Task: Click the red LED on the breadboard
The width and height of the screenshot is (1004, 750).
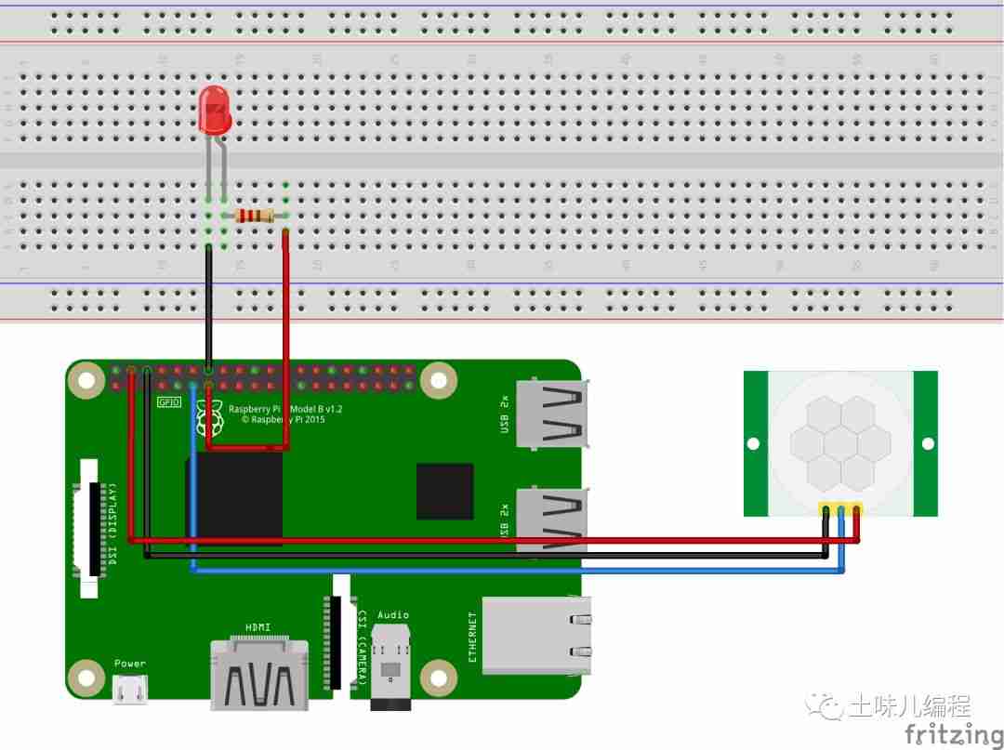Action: (215, 110)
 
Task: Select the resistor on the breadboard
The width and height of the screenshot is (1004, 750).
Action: (255, 216)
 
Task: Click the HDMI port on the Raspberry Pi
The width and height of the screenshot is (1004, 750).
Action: (259, 673)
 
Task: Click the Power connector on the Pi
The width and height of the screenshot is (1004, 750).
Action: (129, 689)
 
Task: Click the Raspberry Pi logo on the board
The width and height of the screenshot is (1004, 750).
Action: (209, 420)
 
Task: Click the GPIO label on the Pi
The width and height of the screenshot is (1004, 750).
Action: (168, 402)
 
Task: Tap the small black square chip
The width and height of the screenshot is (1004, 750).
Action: (444, 492)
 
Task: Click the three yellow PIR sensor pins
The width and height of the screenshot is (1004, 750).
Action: (840, 509)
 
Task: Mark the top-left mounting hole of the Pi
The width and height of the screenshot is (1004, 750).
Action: (86, 379)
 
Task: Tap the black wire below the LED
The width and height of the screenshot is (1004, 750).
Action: (208, 307)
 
